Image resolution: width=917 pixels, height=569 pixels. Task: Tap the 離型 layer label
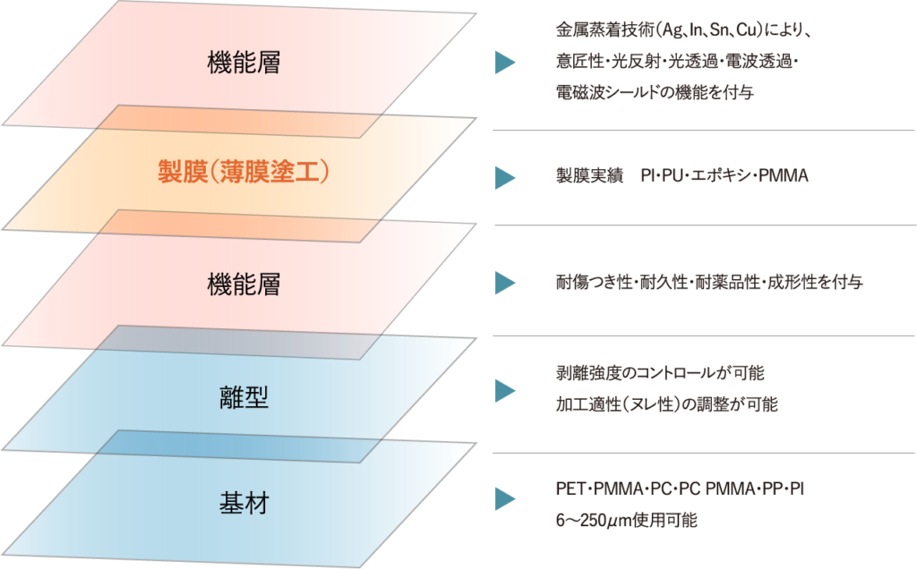pos(244,398)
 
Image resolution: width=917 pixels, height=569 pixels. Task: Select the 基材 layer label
pos(244,504)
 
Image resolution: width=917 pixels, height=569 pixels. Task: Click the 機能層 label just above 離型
pos(244,285)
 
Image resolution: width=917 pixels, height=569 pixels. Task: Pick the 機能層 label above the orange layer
pos(244,64)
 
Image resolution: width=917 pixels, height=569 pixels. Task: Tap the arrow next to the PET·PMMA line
pos(507,498)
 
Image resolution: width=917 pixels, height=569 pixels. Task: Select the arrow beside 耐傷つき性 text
pos(507,283)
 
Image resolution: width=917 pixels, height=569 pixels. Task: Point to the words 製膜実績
pos(584,176)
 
